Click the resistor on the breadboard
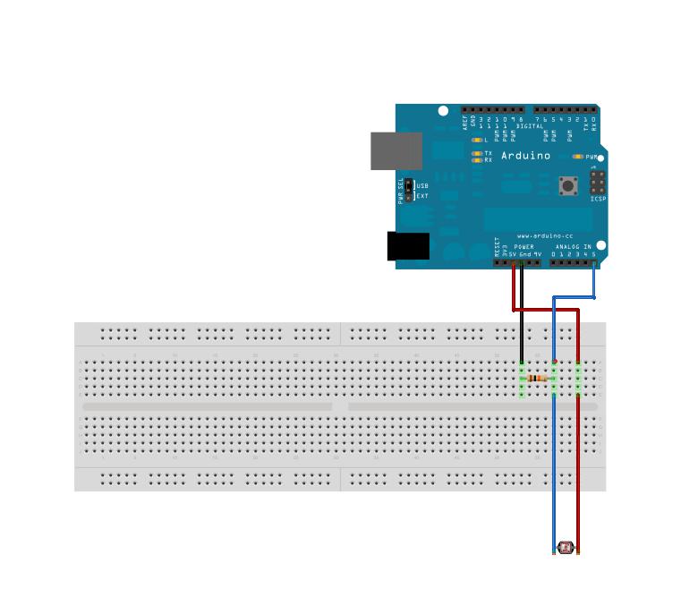coord(537,378)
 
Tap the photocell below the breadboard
coord(566,548)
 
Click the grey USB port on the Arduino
coord(396,150)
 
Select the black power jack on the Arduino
coord(407,246)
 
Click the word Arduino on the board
coord(525,156)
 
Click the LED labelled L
coord(477,141)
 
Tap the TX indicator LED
coord(477,153)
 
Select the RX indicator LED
coord(477,160)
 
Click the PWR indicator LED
coord(579,157)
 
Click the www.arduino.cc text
coord(545,236)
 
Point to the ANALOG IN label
coord(573,246)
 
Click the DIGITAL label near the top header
coord(530,126)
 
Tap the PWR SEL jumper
coord(409,190)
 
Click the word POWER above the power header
coord(523,246)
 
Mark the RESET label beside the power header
coord(498,247)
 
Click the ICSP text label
coord(598,199)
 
